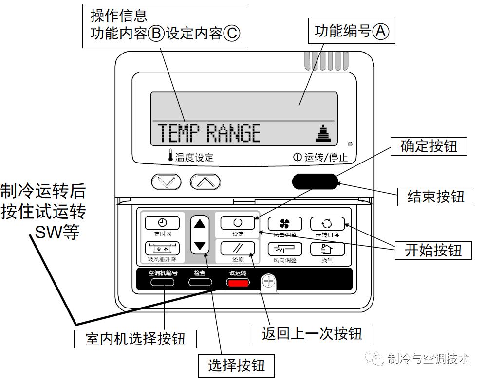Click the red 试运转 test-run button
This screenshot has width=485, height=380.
(237, 282)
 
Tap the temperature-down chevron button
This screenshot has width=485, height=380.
(167, 182)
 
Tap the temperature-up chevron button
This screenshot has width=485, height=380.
(205, 182)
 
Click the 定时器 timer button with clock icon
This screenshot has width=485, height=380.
(162, 223)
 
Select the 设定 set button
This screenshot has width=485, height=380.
(238, 223)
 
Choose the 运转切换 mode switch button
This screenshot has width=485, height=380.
(327, 223)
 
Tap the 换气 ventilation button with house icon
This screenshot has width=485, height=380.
(327, 249)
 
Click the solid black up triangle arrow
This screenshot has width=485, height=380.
(200, 224)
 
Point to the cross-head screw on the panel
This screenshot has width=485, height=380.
(269, 281)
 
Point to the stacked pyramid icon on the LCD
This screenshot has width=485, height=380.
(322, 133)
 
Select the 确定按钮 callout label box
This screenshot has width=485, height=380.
(429, 146)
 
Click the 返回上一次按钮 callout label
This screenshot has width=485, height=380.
(312, 334)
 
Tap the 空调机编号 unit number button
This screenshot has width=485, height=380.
(163, 282)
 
